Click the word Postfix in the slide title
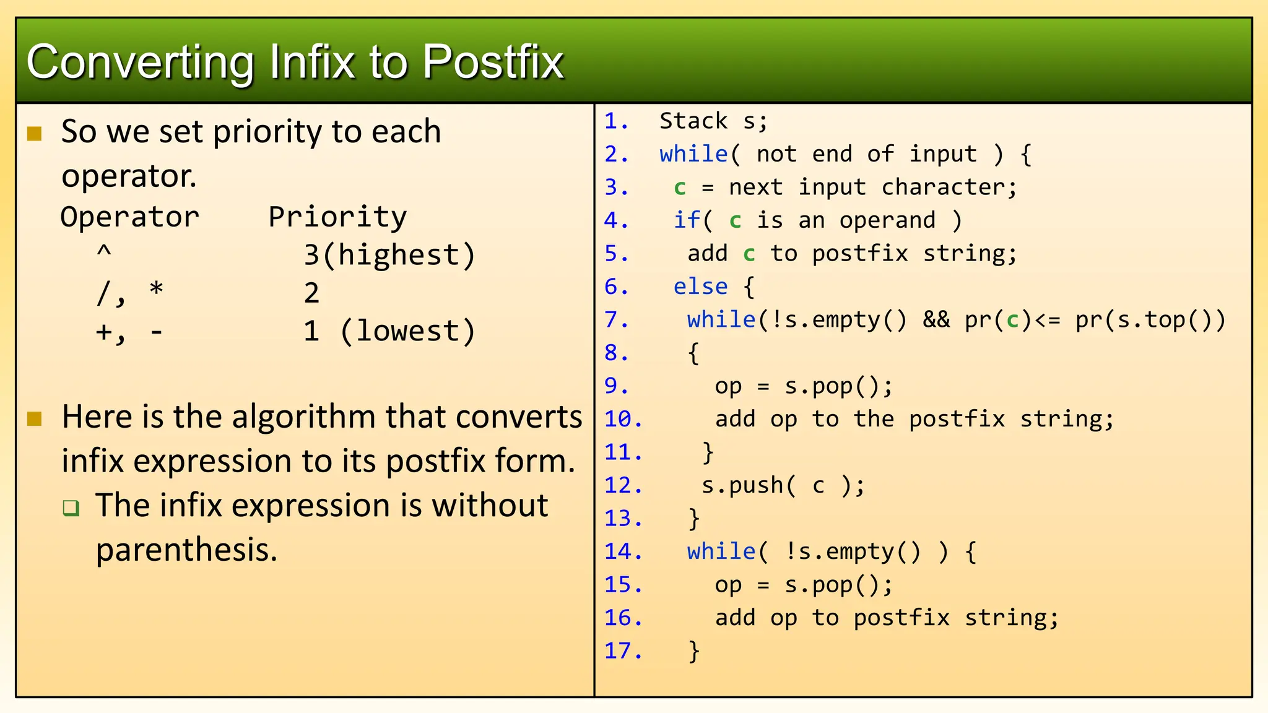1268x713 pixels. (x=493, y=63)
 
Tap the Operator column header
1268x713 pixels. (x=130, y=217)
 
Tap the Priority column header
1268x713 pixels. (x=337, y=217)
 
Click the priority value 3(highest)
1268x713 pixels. (x=389, y=256)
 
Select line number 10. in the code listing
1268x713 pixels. (x=623, y=420)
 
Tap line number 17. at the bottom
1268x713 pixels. (x=623, y=651)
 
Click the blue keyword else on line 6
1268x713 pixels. (x=700, y=287)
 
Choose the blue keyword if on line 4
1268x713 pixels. (x=687, y=220)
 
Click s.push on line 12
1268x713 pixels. (x=742, y=486)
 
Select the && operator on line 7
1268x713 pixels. (x=936, y=320)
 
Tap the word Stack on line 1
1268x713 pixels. (x=693, y=121)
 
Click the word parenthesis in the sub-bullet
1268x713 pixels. (x=186, y=550)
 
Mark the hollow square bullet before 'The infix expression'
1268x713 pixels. (x=71, y=508)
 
